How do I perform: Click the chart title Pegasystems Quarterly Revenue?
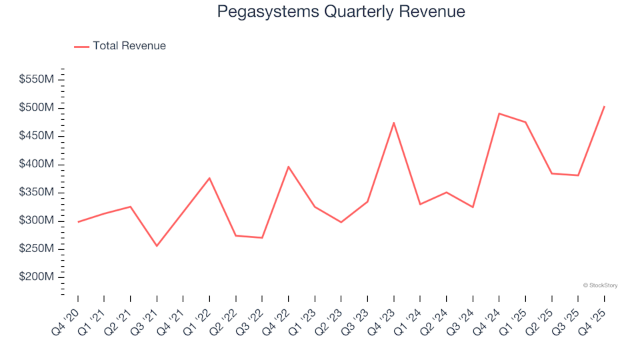tap(341, 12)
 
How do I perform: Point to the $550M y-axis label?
tap(36, 79)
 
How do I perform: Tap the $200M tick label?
tap(36, 277)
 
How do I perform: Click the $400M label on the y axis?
tap(36, 164)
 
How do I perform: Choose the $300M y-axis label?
tap(36, 221)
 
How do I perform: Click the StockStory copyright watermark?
tap(600, 285)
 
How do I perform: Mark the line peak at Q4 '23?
tap(394, 123)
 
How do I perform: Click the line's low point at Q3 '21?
tap(157, 246)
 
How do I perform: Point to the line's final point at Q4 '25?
tap(604, 106)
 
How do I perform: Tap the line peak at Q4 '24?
tap(499, 113)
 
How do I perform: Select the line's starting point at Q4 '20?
tap(78, 222)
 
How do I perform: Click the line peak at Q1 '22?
tap(209, 178)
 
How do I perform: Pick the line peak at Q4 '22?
tap(289, 167)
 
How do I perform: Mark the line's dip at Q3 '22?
tap(262, 237)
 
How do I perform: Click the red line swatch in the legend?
tap(81, 47)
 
